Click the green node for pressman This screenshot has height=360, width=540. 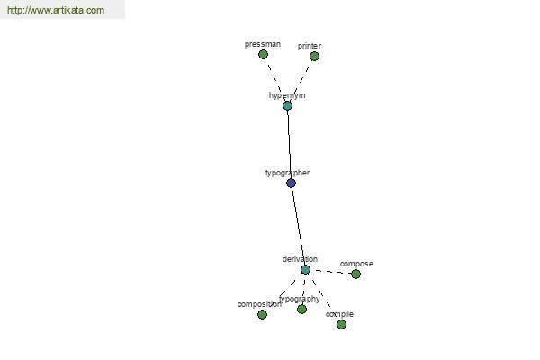coord(263,54)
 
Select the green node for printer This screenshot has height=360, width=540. coord(314,56)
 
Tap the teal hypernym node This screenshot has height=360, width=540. coord(288,106)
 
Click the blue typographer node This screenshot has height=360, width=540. coord(291,183)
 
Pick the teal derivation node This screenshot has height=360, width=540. coord(305,269)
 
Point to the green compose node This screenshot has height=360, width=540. coord(355,274)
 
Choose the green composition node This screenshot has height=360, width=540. coord(262,314)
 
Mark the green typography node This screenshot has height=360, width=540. coord(301,309)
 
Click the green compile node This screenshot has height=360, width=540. coord(341,324)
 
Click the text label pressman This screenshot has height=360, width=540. coord(263,44)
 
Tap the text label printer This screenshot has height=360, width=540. coord(310,46)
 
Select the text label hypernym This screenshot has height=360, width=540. coord(287,95)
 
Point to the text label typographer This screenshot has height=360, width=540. coord(287,173)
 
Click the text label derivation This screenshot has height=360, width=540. coord(300,259)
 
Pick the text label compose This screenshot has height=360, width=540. coord(356,264)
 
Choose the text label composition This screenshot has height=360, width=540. coord(259,304)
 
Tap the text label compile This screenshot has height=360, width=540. coord(339,314)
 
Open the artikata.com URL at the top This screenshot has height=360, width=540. coord(56,10)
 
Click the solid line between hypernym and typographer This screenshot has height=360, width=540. coord(289,144)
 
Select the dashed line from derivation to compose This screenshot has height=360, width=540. coord(330,272)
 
